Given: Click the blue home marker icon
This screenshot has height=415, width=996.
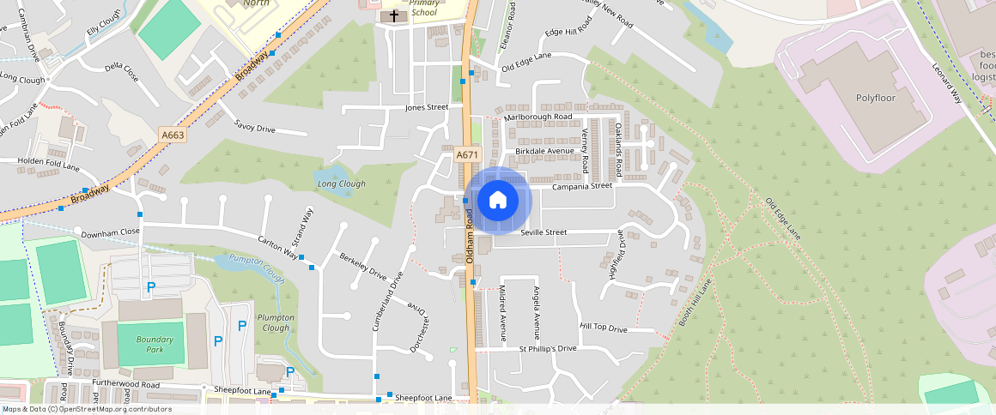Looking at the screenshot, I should click(x=497, y=201).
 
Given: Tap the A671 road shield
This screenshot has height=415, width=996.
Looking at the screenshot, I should click(x=466, y=154).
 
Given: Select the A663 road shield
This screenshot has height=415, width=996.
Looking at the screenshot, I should click(x=172, y=135).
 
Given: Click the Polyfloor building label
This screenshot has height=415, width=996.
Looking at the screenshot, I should click(x=875, y=98).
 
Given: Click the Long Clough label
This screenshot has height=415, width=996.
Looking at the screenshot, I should click(x=341, y=183).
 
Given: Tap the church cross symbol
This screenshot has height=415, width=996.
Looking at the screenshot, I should click(x=394, y=15).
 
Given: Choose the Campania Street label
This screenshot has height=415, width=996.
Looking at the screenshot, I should click(x=581, y=185).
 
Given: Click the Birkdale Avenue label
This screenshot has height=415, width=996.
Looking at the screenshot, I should click(x=544, y=151).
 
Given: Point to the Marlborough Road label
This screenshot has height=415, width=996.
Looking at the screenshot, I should click(x=537, y=117).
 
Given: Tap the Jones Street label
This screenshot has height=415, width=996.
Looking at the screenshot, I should click(x=428, y=107).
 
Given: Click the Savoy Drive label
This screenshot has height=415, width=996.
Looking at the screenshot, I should click(x=254, y=128).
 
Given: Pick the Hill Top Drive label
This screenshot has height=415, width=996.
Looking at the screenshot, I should click(x=604, y=328).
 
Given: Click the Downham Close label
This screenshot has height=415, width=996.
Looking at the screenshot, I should click(x=110, y=232).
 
